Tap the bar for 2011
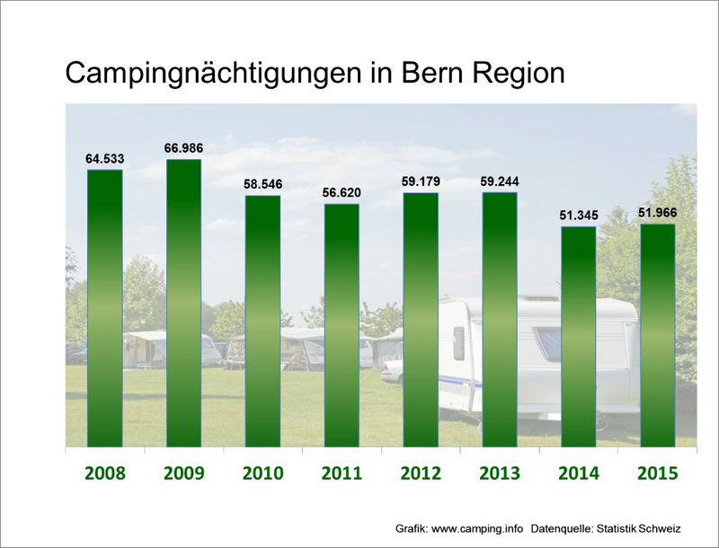(x=342, y=325)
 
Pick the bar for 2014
(x=578, y=336)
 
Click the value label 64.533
(x=104, y=159)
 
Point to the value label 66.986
(x=183, y=148)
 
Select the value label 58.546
(x=262, y=184)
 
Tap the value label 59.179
(x=421, y=181)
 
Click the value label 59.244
(x=500, y=181)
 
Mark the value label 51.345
(x=578, y=216)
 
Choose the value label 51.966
(x=657, y=213)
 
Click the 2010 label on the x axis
(x=262, y=473)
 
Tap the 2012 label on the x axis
(x=421, y=473)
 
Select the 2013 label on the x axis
(x=500, y=473)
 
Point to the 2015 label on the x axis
(x=657, y=473)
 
